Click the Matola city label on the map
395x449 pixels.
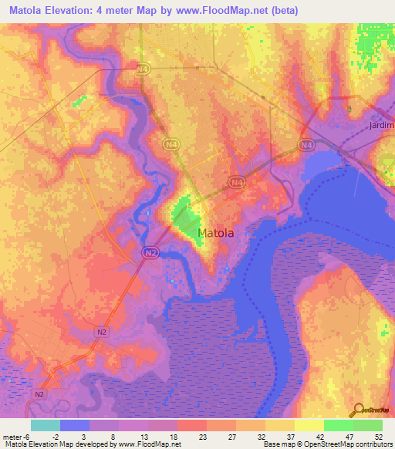click(x=216, y=232)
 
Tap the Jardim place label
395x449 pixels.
click(x=381, y=125)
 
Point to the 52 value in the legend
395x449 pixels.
click(x=378, y=436)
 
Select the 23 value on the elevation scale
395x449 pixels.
click(x=202, y=436)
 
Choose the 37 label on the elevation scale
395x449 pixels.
click(x=290, y=436)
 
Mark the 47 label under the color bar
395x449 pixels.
click(x=349, y=436)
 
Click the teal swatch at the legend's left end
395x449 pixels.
click(x=46, y=425)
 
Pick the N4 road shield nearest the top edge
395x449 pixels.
click(x=142, y=69)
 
